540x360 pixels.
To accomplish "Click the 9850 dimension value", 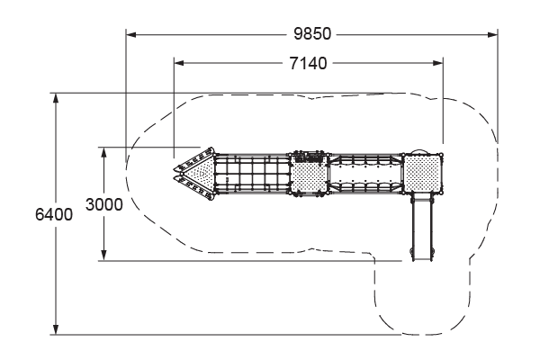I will point(312,35).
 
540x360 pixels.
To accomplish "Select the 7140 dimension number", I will point(309,64).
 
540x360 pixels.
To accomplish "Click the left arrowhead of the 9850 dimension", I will point(130,35).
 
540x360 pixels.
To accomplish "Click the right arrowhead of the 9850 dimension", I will point(493,35).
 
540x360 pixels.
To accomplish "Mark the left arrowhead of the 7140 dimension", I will point(177,64).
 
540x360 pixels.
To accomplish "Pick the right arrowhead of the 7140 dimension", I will point(438,64).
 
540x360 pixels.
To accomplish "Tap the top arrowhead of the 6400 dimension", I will point(56,96).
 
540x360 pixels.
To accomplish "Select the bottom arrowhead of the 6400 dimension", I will point(56,330).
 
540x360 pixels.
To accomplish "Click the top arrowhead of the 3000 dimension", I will point(104,152).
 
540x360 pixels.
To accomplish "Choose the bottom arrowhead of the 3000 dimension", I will point(104,256).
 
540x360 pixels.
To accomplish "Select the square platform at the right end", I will point(422,173).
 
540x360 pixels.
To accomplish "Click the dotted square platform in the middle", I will point(309,175).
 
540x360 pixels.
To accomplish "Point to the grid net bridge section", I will point(254,173).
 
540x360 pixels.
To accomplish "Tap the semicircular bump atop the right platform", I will point(418,151).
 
